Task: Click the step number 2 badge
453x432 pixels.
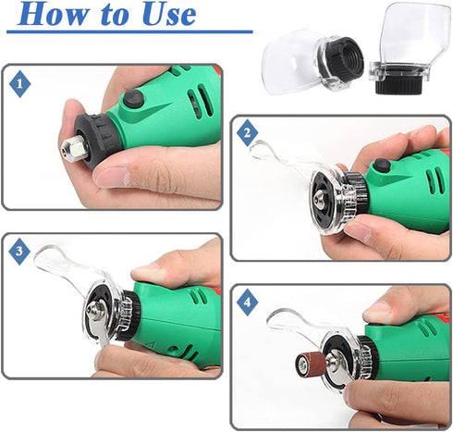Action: point(247,135)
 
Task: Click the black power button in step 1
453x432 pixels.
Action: point(135,98)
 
